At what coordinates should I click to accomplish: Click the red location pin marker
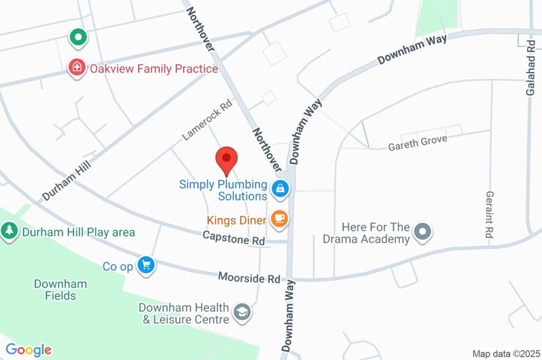pos(227,159)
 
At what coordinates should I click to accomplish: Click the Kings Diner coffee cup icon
pos(279,218)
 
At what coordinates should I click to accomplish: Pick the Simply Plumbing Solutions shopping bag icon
pos(279,187)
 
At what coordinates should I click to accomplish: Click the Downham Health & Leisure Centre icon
pos(242,312)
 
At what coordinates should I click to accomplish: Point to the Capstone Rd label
pos(234,238)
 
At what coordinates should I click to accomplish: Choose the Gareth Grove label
pos(418,142)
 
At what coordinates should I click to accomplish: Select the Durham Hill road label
pos(67,181)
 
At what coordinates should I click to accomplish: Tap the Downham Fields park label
pos(60,290)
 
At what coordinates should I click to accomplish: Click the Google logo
pos(29,349)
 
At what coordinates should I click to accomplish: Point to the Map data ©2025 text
pos(505,354)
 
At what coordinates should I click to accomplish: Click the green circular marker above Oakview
pos(78,37)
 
